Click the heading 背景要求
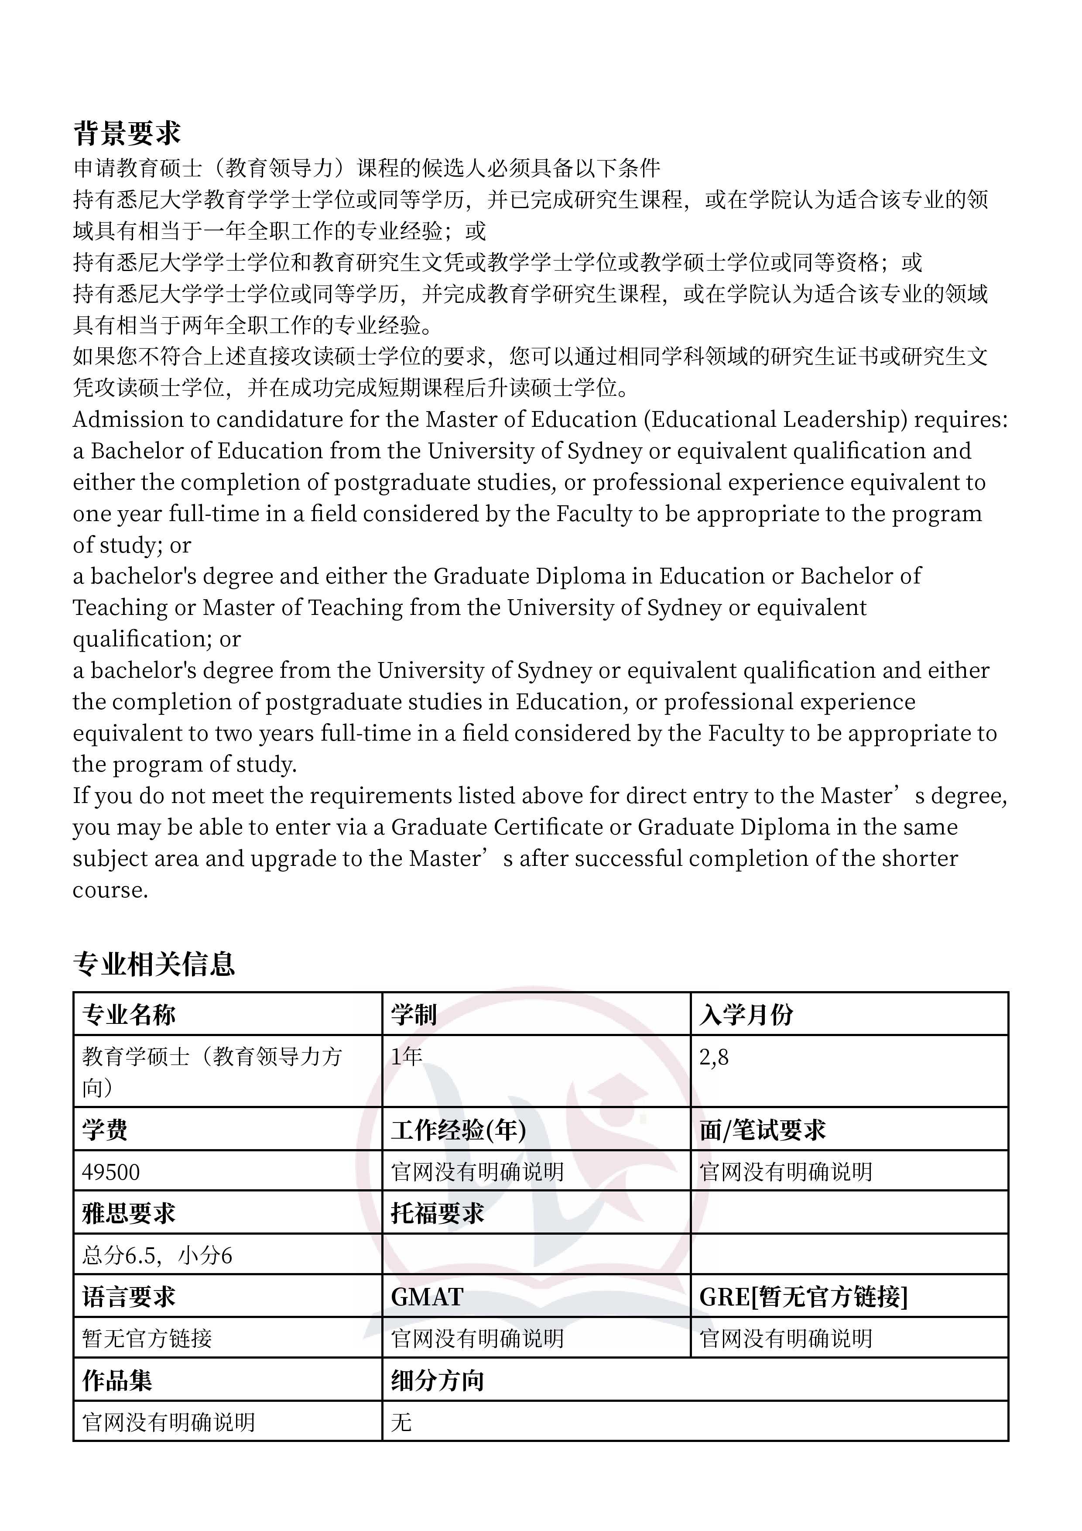pyautogui.click(x=127, y=134)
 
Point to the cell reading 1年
pyautogui.click(x=407, y=1056)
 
